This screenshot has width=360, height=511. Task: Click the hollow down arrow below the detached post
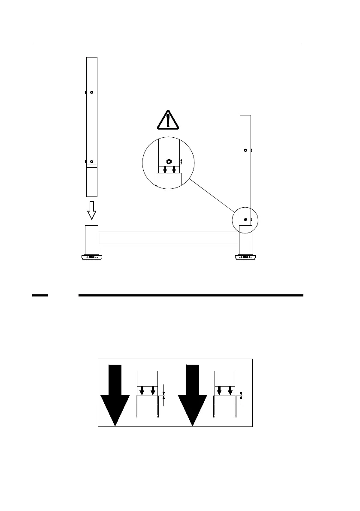(x=91, y=209)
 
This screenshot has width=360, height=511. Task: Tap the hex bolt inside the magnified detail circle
(x=169, y=161)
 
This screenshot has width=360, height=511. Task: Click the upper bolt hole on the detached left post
(x=92, y=92)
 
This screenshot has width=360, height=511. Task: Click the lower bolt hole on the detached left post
(x=92, y=162)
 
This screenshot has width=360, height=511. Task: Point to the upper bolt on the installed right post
(x=245, y=150)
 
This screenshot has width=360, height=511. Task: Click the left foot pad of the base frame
(x=91, y=257)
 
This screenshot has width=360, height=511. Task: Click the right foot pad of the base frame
(x=245, y=257)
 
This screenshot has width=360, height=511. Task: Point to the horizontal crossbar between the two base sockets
(x=169, y=238)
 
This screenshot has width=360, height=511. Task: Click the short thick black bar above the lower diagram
(x=40, y=296)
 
